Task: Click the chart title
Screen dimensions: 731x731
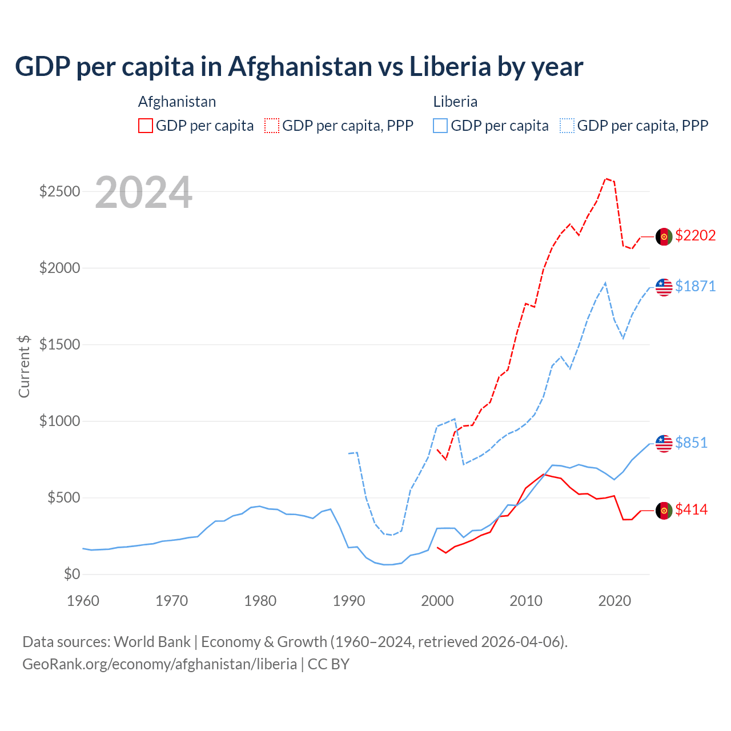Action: coord(299,67)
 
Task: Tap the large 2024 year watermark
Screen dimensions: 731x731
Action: coord(143,192)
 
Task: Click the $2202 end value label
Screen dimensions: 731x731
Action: coord(695,236)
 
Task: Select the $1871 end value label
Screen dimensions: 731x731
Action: coord(695,287)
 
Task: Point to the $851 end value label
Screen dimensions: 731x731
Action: coord(691,443)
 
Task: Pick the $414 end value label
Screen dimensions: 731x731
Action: coord(691,510)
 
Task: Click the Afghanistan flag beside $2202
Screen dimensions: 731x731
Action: coord(664,236)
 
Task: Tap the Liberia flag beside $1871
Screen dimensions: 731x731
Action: coord(664,287)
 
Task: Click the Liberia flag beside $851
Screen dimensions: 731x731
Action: coord(664,443)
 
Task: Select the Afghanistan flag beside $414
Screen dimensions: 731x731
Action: coord(664,511)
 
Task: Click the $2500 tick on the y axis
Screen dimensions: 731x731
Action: coord(60,191)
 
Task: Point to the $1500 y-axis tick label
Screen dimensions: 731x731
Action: coord(60,344)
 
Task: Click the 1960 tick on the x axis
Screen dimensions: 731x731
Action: coord(83,601)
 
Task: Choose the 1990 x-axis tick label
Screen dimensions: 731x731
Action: coord(349,601)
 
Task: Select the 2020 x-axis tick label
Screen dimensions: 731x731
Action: coord(614,601)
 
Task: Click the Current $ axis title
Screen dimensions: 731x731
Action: coord(24,367)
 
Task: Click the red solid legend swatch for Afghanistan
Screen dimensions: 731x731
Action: coord(146,126)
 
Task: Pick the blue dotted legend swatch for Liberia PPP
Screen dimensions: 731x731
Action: coord(567,126)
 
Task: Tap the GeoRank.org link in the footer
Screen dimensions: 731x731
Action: coord(159,664)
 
